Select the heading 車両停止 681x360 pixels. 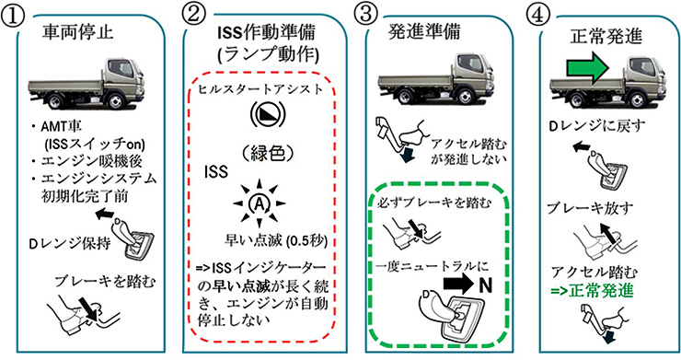[x=77, y=32]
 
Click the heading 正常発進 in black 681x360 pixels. [x=606, y=36]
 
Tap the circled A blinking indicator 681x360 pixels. [x=260, y=203]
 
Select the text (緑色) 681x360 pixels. [x=268, y=153]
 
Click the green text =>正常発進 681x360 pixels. [x=592, y=291]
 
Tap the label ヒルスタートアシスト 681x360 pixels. [x=260, y=89]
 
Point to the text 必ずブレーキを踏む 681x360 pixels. [x=434, y=203]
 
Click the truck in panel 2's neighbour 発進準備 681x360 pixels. [x=435, y=78]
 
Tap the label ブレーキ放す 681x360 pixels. [x=583, y=208]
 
